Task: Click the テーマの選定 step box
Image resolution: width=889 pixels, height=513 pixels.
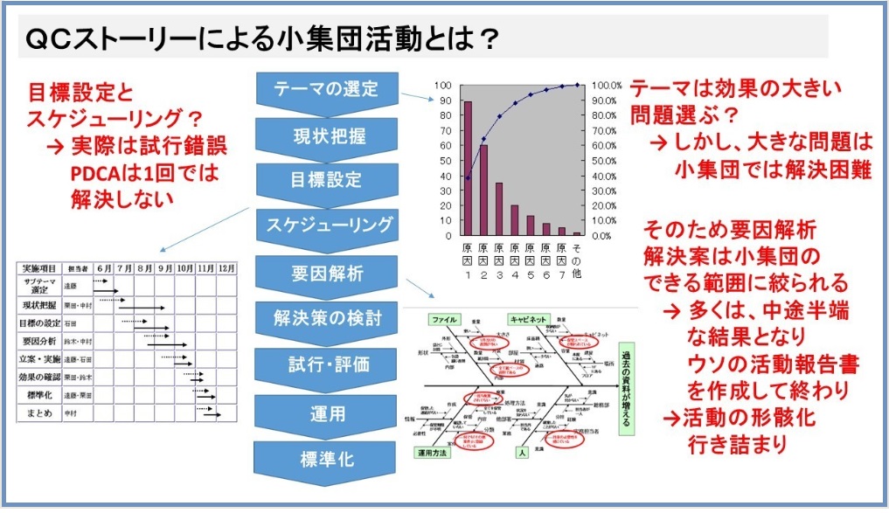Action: coord(326,88)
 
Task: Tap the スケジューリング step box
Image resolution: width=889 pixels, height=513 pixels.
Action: coord(326,225)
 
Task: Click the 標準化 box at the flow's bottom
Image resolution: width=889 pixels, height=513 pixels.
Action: coord(326,456)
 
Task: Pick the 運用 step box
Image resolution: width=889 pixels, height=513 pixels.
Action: coord(326,410)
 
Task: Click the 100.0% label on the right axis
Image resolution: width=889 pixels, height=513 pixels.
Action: coord(607,86)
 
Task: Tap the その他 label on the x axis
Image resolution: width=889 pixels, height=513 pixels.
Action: coord(577,260)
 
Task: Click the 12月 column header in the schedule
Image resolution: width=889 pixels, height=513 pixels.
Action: coord(226,269)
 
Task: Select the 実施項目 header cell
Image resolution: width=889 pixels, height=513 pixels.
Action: coord(39,269)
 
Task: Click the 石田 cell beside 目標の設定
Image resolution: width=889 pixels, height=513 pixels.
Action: coord(72,323)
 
